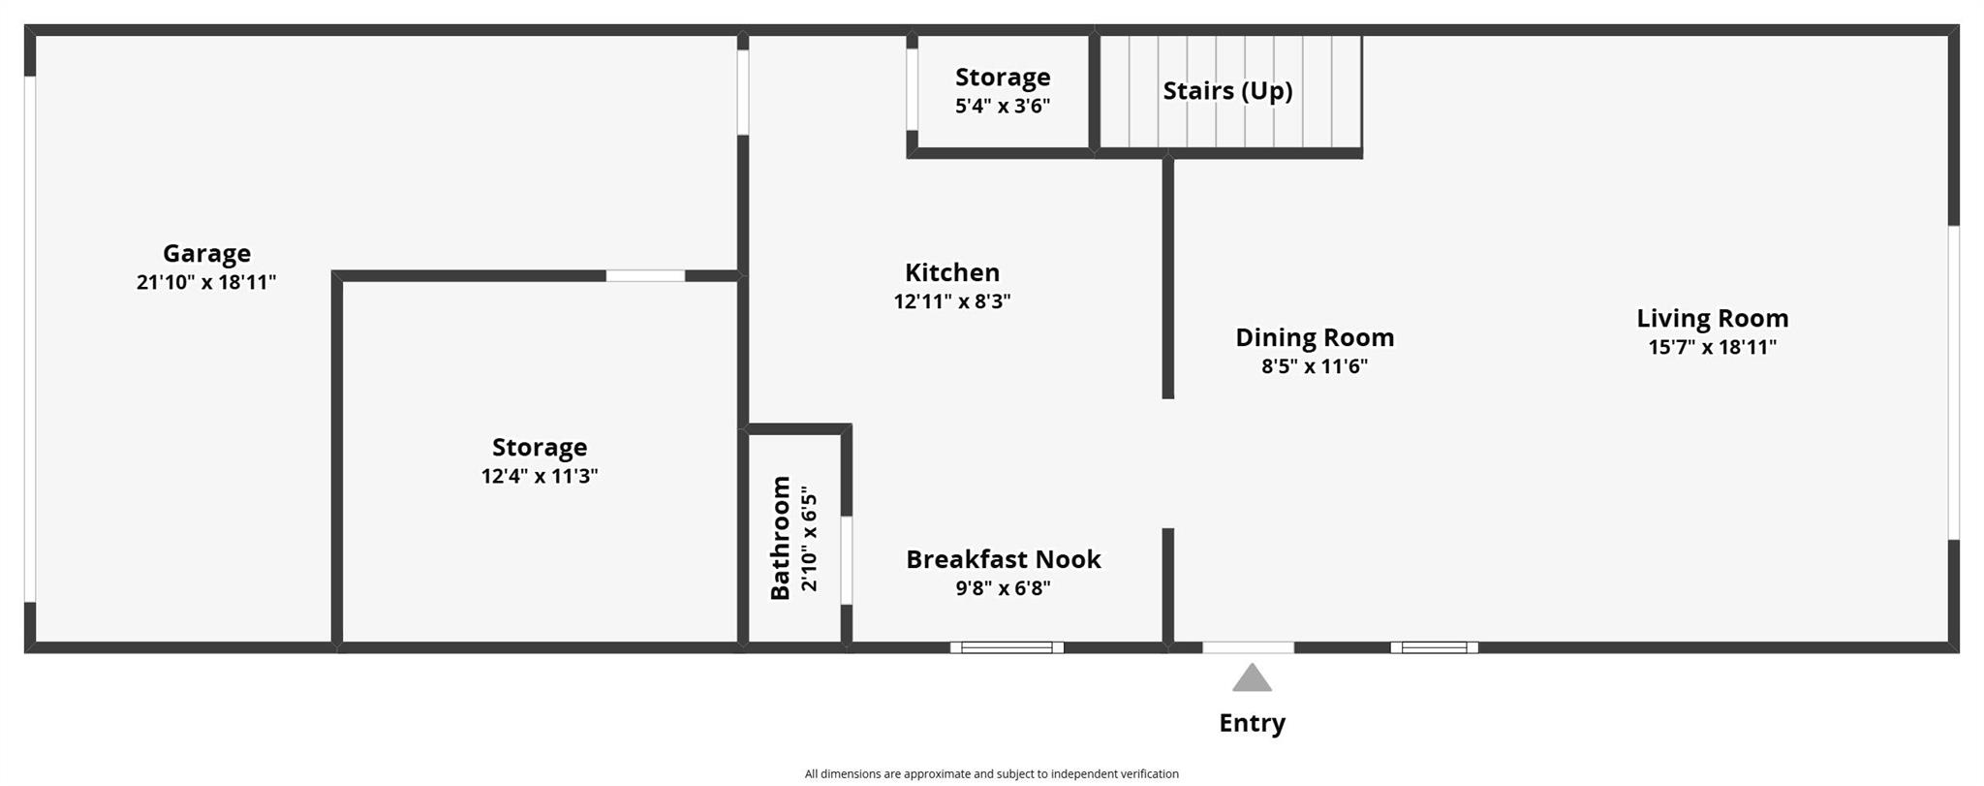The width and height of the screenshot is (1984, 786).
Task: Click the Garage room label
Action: pyautogui.click(x=206, y=254)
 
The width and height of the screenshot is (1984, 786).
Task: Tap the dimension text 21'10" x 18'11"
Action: pyautogui.click(x=206, y=283)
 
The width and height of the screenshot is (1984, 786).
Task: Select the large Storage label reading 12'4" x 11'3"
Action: pyautogui.click(x=540, y=448)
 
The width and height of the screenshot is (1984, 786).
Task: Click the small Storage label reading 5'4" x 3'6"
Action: pyautogui.click(x=1003, y=78)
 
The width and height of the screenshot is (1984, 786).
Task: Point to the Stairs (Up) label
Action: pyautogui.click(x=1227, y=91)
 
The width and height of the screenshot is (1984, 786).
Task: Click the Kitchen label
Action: pyautogui.click(x=952, y=272)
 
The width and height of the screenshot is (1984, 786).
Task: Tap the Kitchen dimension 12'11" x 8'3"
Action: pyautogui.click(x=952, y=301)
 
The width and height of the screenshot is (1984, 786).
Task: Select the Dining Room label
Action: pyautogui.click(x=1315, y=337)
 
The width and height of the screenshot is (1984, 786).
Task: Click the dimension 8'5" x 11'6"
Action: pyautogui.click(x=1315, y=366)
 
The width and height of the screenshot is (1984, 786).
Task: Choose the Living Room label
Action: pyautogui.click(x=1712, y=318)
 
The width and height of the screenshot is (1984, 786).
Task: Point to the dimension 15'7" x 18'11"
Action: pyautogui.click(x=1712, y=347)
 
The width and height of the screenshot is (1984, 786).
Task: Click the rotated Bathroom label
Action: pyautogui.click(x=781, y=538)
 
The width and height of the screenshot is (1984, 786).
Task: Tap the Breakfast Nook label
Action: pyautogui.click(x=1003, y=559)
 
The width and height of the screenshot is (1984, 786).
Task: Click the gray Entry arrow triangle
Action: pyautogui.click(x=1252, y=679)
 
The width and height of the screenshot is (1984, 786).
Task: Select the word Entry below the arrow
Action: pyautogui.click(x=1252, y=723)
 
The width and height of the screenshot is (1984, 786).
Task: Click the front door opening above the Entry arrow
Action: pyautogui.click(x=1248, y=647)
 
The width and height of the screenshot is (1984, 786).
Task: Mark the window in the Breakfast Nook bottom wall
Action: pyautogui.click(x=1007, y=647)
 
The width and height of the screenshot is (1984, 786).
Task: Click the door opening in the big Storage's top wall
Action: pyautogui.click(x=645, y=276)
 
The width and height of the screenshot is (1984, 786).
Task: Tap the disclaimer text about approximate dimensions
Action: pyautogui.click(x=991, y=773)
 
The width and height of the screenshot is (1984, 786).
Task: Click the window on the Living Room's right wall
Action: pyautogui.click(x=1954, y=383)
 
